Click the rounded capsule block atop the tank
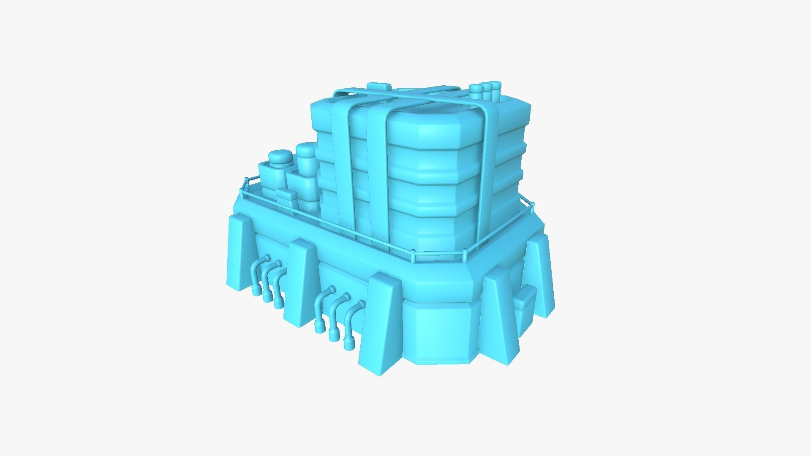pyautogui.click(x=378, y=87)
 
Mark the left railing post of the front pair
pyautogui.click(x=413, y=257)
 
